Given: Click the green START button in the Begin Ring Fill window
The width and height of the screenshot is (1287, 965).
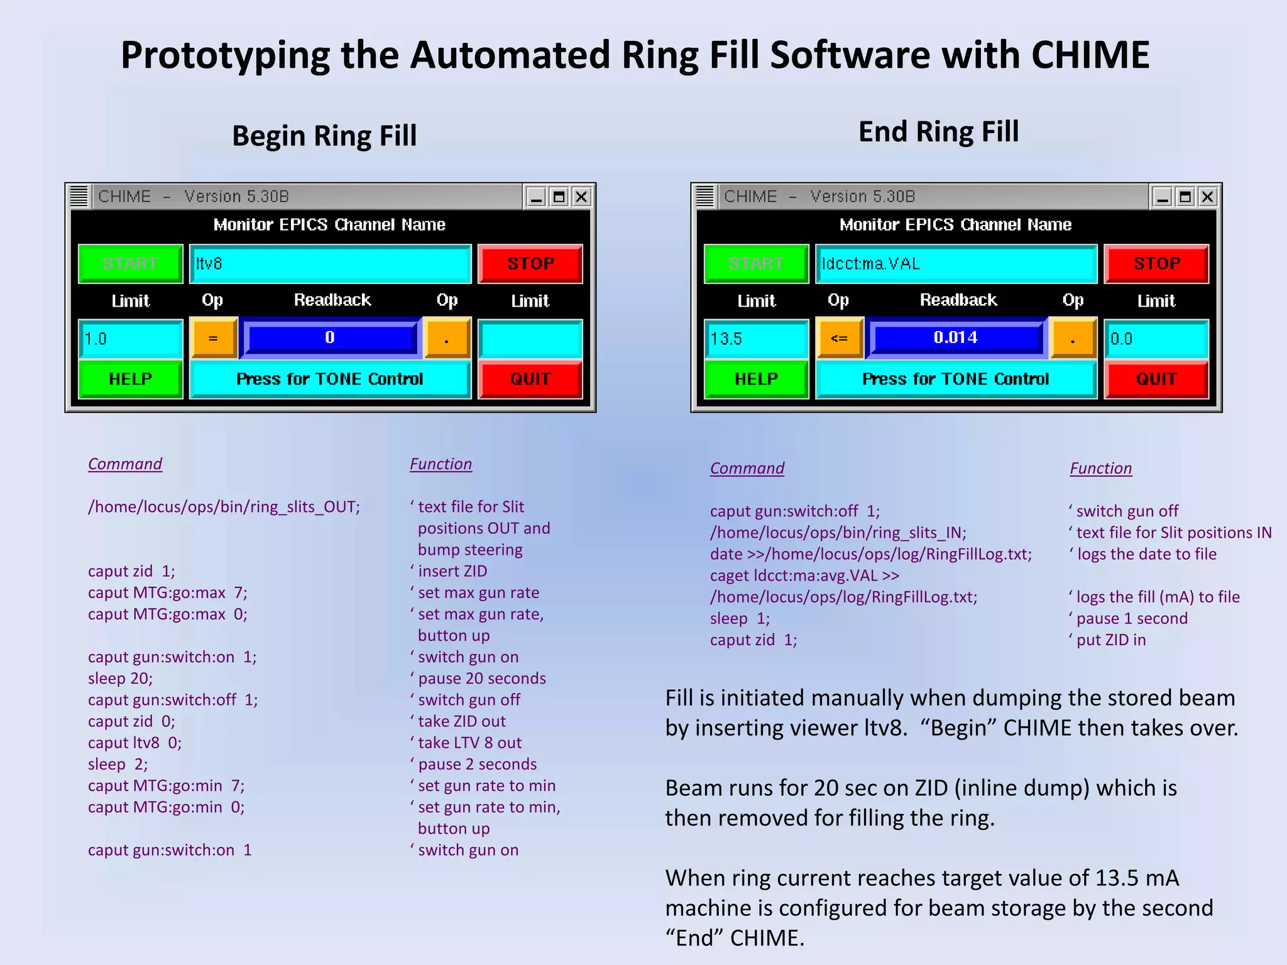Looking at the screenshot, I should click(130, 264).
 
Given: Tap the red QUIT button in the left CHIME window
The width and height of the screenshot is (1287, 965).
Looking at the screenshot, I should click(530, 379).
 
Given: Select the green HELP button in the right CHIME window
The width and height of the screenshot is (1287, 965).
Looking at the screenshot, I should click(756, 379).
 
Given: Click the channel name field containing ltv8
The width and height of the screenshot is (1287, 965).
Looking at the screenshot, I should click(330, 264).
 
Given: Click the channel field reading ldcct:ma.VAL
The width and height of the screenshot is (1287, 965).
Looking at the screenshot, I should click(956, 264).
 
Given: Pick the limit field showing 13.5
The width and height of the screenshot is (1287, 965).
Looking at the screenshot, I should click(756, 339).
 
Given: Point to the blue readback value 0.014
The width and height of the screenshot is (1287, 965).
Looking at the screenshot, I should click(956, 338).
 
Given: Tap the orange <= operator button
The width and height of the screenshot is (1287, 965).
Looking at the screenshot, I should click(840, 339).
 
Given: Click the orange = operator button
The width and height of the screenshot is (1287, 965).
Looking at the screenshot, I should click(214, 339).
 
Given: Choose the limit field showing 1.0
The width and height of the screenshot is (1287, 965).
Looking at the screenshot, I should click(130, 339).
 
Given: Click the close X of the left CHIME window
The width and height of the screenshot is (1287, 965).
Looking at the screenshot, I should click(582, 197).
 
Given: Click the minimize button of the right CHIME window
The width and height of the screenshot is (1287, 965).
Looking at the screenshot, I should click(1163, 197).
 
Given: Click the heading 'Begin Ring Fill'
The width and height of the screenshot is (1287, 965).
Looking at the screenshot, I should click(324, 136).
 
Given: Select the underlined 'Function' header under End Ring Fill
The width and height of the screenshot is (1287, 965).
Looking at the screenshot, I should click(1100, 469).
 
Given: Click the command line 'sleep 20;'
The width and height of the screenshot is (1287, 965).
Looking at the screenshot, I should click(120, 679).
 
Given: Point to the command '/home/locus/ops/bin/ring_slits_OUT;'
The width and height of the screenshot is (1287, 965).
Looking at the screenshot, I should click(224, 507).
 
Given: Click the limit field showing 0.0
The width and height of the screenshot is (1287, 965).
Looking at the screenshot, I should click(1156, 339).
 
